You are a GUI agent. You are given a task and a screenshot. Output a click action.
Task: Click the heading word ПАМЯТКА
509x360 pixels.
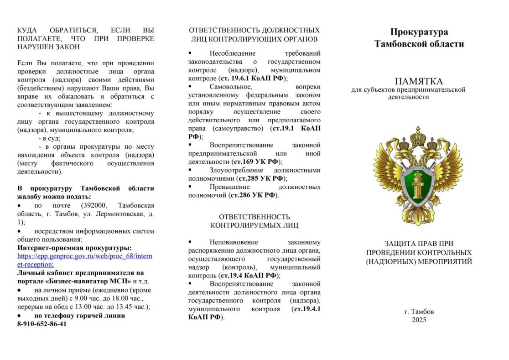point(419,81)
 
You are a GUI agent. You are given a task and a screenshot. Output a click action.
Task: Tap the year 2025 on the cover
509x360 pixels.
point(419,320)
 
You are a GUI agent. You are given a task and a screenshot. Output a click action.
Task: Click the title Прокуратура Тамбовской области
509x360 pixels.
point(419,38)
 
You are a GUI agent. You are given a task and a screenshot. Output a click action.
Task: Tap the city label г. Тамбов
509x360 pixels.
point(419,312)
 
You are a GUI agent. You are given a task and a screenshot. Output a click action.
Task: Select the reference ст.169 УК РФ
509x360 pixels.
point(256,162)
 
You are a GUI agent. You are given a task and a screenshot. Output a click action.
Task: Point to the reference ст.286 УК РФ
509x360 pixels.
point(254,195)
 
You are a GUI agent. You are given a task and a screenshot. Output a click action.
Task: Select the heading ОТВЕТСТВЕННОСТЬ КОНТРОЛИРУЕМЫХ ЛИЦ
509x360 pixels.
point(254,221)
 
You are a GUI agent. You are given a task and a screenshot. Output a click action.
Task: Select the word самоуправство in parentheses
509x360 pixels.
point(241,128)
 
